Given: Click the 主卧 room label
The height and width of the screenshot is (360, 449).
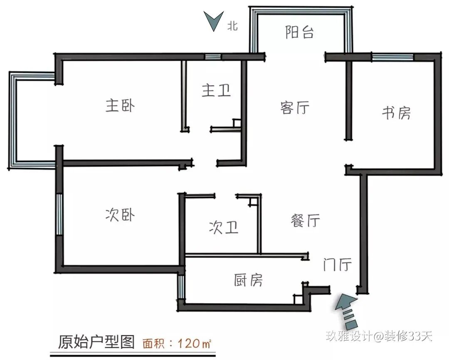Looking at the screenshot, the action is (x=120, y=106).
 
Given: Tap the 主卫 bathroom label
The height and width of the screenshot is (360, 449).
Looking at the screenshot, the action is (x=216, y=90).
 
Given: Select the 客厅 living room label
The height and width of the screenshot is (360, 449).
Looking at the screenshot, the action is (x=295, y=108).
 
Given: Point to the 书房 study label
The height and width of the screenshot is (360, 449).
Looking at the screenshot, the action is (x=396, y=113).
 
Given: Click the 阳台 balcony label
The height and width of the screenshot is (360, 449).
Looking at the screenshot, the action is (x=299, y=32).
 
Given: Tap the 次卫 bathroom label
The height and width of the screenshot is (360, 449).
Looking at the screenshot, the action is (x=223, y=227).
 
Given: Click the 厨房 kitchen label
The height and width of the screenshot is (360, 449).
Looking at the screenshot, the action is (x=248, y=280).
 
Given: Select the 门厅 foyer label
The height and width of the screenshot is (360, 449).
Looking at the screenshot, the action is (x=338, y=265).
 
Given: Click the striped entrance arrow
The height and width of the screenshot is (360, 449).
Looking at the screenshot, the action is (x=346, y=310).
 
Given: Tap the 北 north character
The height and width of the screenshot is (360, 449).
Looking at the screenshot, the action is (x=232, y=26).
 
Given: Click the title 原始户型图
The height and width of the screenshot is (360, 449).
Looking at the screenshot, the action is (x=96, y=342).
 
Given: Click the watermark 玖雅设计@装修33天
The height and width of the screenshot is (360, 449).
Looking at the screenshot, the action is (x=379, y=335).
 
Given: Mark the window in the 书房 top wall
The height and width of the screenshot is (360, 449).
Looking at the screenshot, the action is (x=392, y=57).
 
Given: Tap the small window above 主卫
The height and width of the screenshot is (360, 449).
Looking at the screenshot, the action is (x=212, y=57).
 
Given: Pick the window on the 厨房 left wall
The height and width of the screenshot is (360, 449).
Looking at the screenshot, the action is (x=181, y=286).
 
